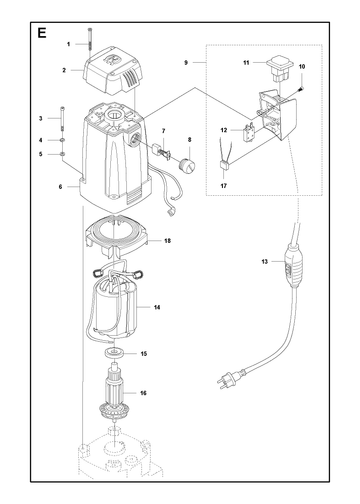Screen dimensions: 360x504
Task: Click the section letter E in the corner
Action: point(42,33)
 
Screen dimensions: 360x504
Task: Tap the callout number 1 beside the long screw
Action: point(69,44)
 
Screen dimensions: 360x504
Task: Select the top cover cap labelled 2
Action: point(113,69)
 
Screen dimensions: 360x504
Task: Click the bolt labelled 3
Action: point(63,118)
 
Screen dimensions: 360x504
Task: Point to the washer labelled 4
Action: point(62,140)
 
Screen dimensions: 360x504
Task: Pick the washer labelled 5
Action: point(62,154)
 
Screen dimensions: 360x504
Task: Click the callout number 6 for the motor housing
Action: point(60,187)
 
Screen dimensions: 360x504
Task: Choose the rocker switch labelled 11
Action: point(280,69)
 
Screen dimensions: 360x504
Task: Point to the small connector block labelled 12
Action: point(249,132)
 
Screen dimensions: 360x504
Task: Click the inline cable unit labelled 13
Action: point(294,265)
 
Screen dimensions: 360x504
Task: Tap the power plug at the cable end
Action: point(227,379)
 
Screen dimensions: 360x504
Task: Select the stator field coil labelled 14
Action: point(114,307)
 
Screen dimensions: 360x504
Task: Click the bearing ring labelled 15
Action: point(114,352)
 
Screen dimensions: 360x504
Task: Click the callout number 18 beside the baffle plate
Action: point(167,241)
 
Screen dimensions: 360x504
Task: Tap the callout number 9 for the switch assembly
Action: point(186,62)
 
